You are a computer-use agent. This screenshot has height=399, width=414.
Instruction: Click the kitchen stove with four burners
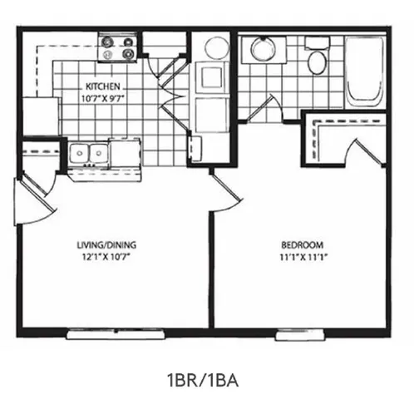117,50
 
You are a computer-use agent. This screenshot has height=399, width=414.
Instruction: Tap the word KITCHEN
105,86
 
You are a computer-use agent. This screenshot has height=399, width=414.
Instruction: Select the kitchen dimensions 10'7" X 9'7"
105,97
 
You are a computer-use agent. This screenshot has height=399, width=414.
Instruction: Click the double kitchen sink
90,155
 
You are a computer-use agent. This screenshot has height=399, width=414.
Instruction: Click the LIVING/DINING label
106,245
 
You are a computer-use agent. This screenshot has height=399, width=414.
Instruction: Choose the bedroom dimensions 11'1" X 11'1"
302,256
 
